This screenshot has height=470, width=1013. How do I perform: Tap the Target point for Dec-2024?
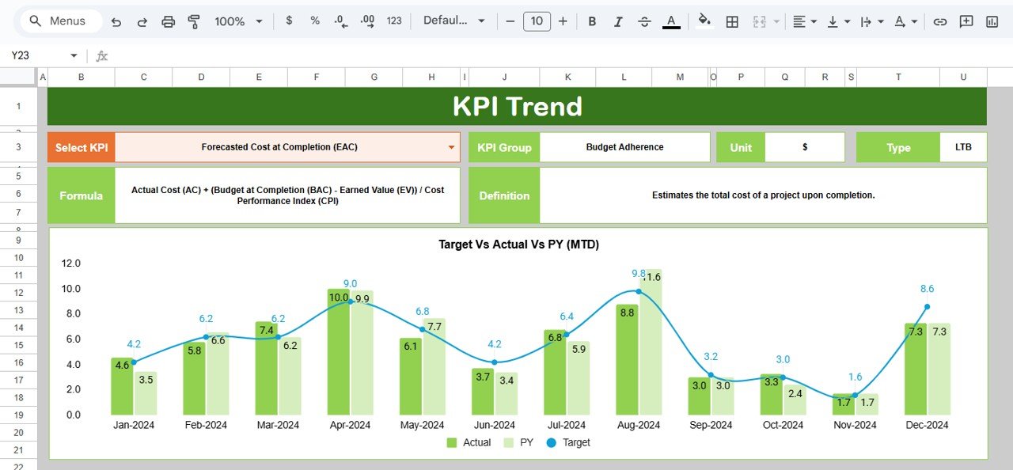[x=927, y=306]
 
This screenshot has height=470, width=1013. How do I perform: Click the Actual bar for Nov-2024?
[x=844, y=404]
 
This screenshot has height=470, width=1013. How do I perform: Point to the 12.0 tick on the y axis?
[x=71, y=263]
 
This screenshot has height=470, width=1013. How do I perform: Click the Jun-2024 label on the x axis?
[x=494, y=425]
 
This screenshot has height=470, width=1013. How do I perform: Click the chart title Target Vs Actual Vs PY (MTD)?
[x=518, y=244]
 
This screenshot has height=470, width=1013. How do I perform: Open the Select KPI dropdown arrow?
[x=451, y=147]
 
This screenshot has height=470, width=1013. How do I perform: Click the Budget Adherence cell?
[x=624, y=147]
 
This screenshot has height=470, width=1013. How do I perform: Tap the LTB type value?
[x=963, y=147]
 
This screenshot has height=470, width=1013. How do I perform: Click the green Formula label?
[x=81, y=195]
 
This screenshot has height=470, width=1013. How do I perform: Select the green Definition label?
[x=504, y=195]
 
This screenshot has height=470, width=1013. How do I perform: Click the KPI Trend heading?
[x=517, y=106]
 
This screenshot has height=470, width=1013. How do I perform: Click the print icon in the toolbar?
[x=168, y=21]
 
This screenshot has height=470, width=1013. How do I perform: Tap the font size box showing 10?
[x=536, y=21]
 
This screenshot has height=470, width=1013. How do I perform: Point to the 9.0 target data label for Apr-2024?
[x=350, y=284]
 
